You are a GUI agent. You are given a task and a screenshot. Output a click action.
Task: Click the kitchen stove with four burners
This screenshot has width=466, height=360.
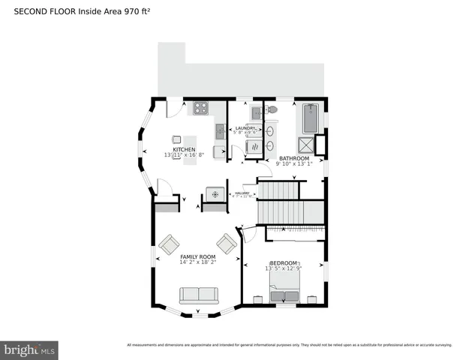click(x=201, y=108)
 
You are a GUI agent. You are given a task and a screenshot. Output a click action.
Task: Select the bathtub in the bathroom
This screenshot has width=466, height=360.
click(x=310, y=118)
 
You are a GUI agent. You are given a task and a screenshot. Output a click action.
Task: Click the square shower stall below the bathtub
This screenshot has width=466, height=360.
click(x=307, y=144)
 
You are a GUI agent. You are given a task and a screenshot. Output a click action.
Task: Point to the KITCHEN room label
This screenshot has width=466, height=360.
click(x=184, y=150)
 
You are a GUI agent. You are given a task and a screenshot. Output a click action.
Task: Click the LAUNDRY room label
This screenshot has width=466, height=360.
click(x=246, y=129)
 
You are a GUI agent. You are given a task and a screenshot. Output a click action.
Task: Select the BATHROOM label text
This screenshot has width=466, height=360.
click(x=293, y=158)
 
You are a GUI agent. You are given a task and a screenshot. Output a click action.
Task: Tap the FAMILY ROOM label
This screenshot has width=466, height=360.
click(x=198, y=256)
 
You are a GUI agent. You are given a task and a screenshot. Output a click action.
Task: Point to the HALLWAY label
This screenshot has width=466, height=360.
click(x=242, y=193)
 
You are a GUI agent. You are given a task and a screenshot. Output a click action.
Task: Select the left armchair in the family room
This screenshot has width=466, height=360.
click(x=169, y=244)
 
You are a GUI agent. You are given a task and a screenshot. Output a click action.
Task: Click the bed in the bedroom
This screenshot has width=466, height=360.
click(x=284, y=288)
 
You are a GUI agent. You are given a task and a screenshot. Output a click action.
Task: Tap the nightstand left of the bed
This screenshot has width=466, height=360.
click(x=257, y=298)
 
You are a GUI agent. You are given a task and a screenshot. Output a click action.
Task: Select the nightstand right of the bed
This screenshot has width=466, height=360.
click(x=311, y=298)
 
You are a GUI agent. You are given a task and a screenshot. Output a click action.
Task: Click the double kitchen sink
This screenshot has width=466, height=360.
click(x=219, y=132)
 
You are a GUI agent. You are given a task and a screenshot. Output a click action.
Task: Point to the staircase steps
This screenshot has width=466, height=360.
click(x=278, y=202)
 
